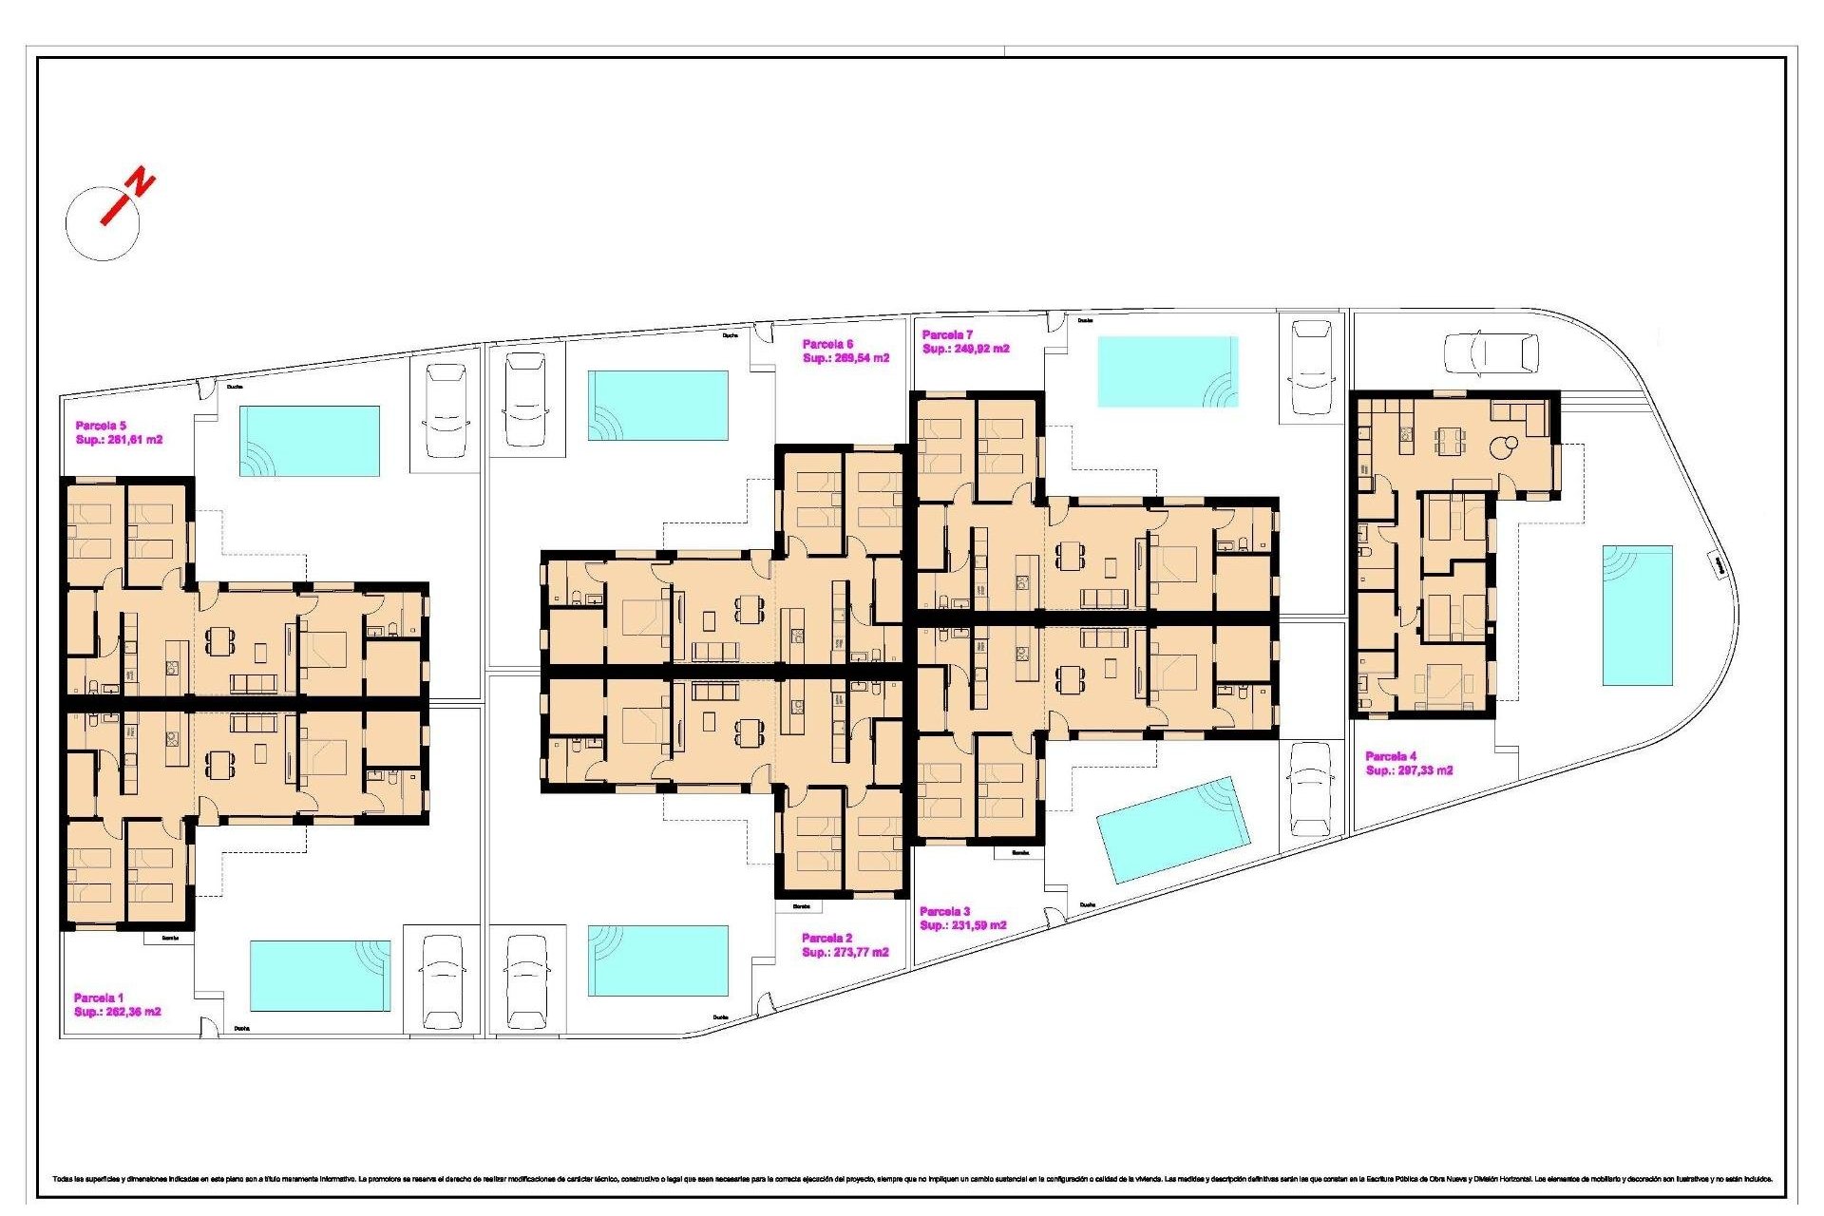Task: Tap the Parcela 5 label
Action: [101, 426]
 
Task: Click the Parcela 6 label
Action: [827, 344]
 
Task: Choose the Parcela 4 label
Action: [1391, 756]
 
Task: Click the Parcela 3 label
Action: [945, 911]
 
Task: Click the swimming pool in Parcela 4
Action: [1637, 615]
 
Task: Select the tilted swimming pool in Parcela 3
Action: [1172, 829]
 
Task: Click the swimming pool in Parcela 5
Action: [310, 441]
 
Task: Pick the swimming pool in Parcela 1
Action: [320, 976]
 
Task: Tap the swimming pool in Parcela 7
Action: [1168, 371]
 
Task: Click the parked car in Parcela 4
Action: [1491, 353]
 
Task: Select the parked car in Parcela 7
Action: [1311, 368]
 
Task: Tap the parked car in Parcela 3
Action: [1311, 788]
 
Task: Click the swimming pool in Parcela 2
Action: [657, 960]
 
